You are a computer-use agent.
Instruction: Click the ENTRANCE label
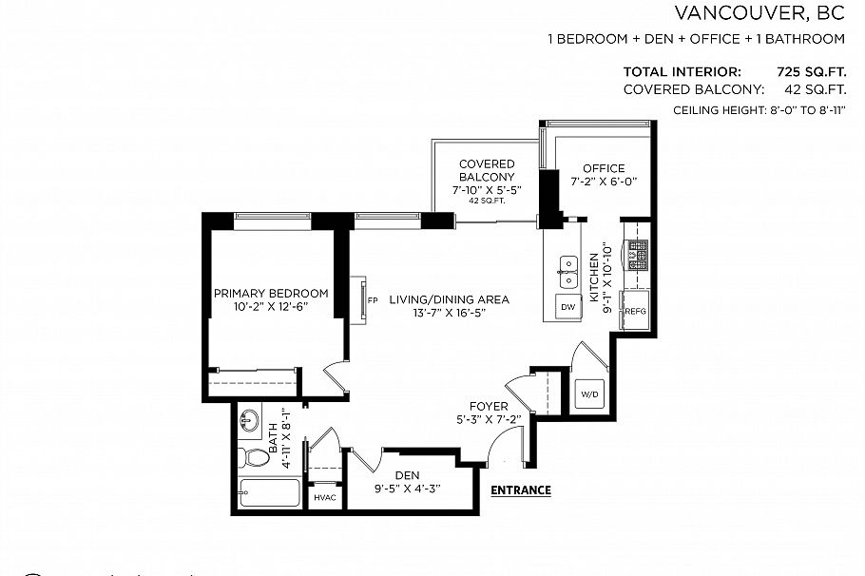521,490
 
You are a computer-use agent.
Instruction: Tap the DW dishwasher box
567,307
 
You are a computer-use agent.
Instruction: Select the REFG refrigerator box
634,310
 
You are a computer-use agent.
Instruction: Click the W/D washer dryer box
587,394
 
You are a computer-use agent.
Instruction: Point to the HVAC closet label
324,498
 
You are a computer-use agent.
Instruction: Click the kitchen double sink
568,271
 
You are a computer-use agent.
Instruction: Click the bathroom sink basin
252,419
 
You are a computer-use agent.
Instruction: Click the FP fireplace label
373,300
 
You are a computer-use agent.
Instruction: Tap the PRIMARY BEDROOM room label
270,293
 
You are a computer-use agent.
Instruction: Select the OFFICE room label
604,168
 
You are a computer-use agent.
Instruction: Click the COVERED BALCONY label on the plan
487,170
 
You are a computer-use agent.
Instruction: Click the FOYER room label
489,406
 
